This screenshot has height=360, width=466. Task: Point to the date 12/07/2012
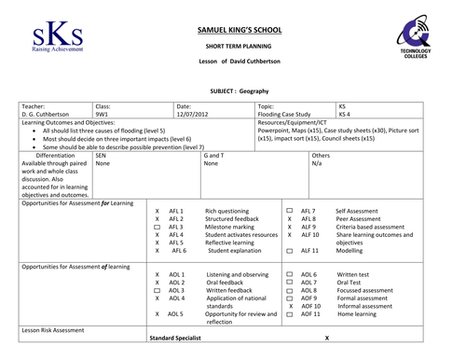tap(192, 116)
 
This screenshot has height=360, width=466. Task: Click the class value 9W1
tap(103, 116)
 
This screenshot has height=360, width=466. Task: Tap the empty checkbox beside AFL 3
tap(157, 227)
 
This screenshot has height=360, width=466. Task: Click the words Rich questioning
tap(226, 212)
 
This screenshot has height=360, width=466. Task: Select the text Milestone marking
tap(230, 227)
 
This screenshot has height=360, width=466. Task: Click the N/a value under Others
tap(342, 163)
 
